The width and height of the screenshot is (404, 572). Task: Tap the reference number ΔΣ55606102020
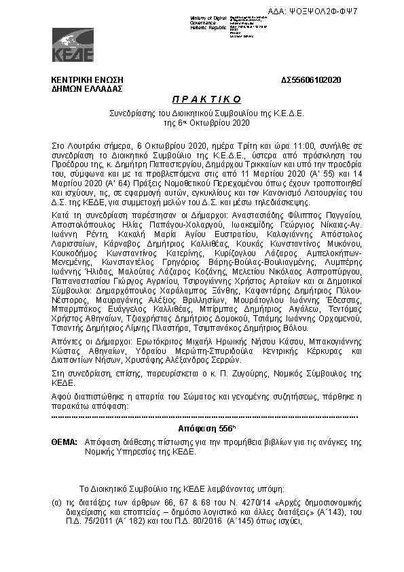[311, 80]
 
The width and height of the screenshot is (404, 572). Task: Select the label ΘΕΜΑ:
[65, 442]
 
